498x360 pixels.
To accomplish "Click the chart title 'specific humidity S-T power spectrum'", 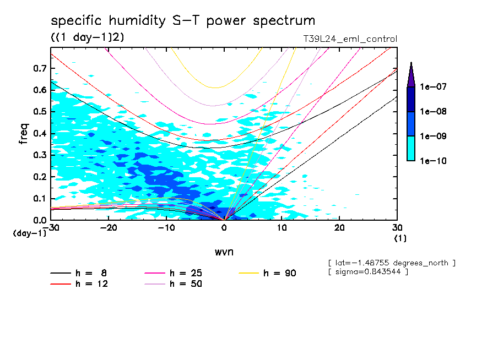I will [183, 21].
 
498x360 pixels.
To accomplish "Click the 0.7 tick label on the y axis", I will [39, 68].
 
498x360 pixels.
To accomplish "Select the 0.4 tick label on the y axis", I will [39, 133].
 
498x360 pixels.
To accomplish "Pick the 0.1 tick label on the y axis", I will [39, 199].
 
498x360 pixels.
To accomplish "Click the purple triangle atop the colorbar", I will [411, 75].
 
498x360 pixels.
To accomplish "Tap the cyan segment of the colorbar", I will [411, 148].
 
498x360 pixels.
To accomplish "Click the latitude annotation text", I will [391, 263].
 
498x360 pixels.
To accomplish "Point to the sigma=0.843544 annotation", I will [367, 272].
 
